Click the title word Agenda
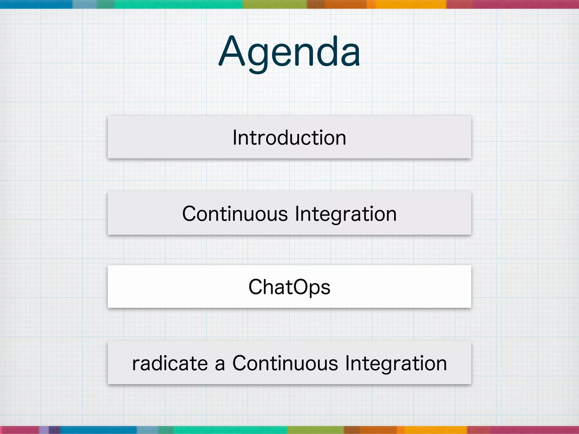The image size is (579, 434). click(x=289, y=52)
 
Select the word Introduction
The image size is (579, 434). click(x=289, y=138)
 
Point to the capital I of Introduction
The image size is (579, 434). click(x=235, y=138)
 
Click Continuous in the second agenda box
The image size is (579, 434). click(x=235, y=214)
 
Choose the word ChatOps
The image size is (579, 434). click(x=289, y=287)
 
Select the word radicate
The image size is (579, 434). click(x=170, y=363)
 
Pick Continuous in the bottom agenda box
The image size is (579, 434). click(x=285, y=363)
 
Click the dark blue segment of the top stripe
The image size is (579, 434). click(x=36, y=4)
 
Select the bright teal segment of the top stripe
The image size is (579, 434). click(x=178, y=4)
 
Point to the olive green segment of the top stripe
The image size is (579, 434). click(x=275, y=4)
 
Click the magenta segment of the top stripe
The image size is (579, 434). click(x=526, y=4)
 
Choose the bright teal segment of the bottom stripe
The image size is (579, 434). click(x=230, y=430)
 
